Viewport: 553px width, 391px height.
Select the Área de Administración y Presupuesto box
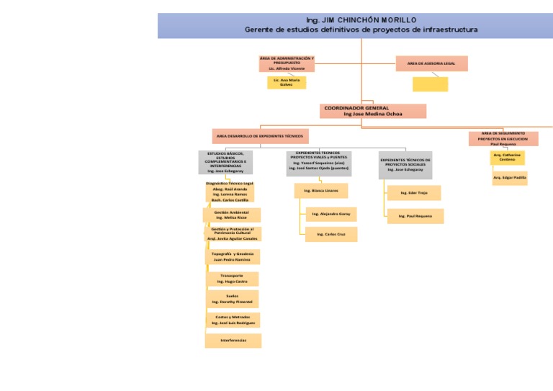287,63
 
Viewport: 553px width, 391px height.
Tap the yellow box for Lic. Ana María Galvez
287,82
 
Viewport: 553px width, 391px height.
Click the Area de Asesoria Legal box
431,63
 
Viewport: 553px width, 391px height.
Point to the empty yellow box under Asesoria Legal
430,84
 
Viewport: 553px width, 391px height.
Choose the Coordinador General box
372,111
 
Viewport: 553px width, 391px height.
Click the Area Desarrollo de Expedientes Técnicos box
260,135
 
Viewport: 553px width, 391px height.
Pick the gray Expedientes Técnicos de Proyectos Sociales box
405,165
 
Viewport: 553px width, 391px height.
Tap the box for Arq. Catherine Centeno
507,157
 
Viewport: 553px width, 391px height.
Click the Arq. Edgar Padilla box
510,177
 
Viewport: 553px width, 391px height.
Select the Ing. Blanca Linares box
320,191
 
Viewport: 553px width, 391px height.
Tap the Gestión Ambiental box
232,215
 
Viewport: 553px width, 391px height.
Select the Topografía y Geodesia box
232,256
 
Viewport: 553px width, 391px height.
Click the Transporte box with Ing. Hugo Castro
232,279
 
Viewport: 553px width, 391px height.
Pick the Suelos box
232,299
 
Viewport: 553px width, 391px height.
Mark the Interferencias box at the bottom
233,340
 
